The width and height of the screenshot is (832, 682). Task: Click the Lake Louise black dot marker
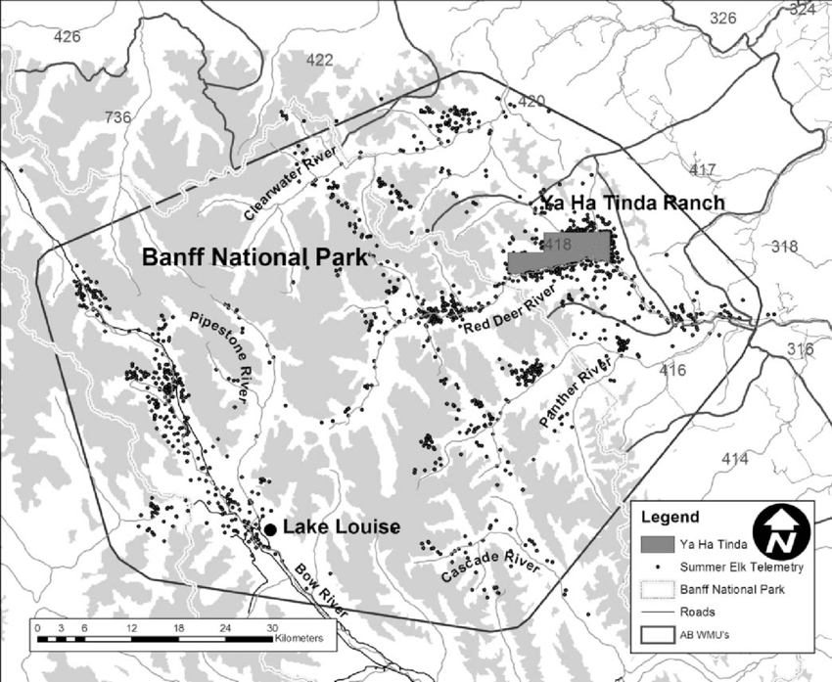click(x=270, y=529)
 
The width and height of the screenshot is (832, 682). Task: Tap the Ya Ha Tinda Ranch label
click(x=632, y=204)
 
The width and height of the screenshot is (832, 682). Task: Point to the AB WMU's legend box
click(x=660, y=633)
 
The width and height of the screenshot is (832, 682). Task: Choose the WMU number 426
click(x=68, y=37)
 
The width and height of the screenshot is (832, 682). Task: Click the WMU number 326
click(x=722, y=18)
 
